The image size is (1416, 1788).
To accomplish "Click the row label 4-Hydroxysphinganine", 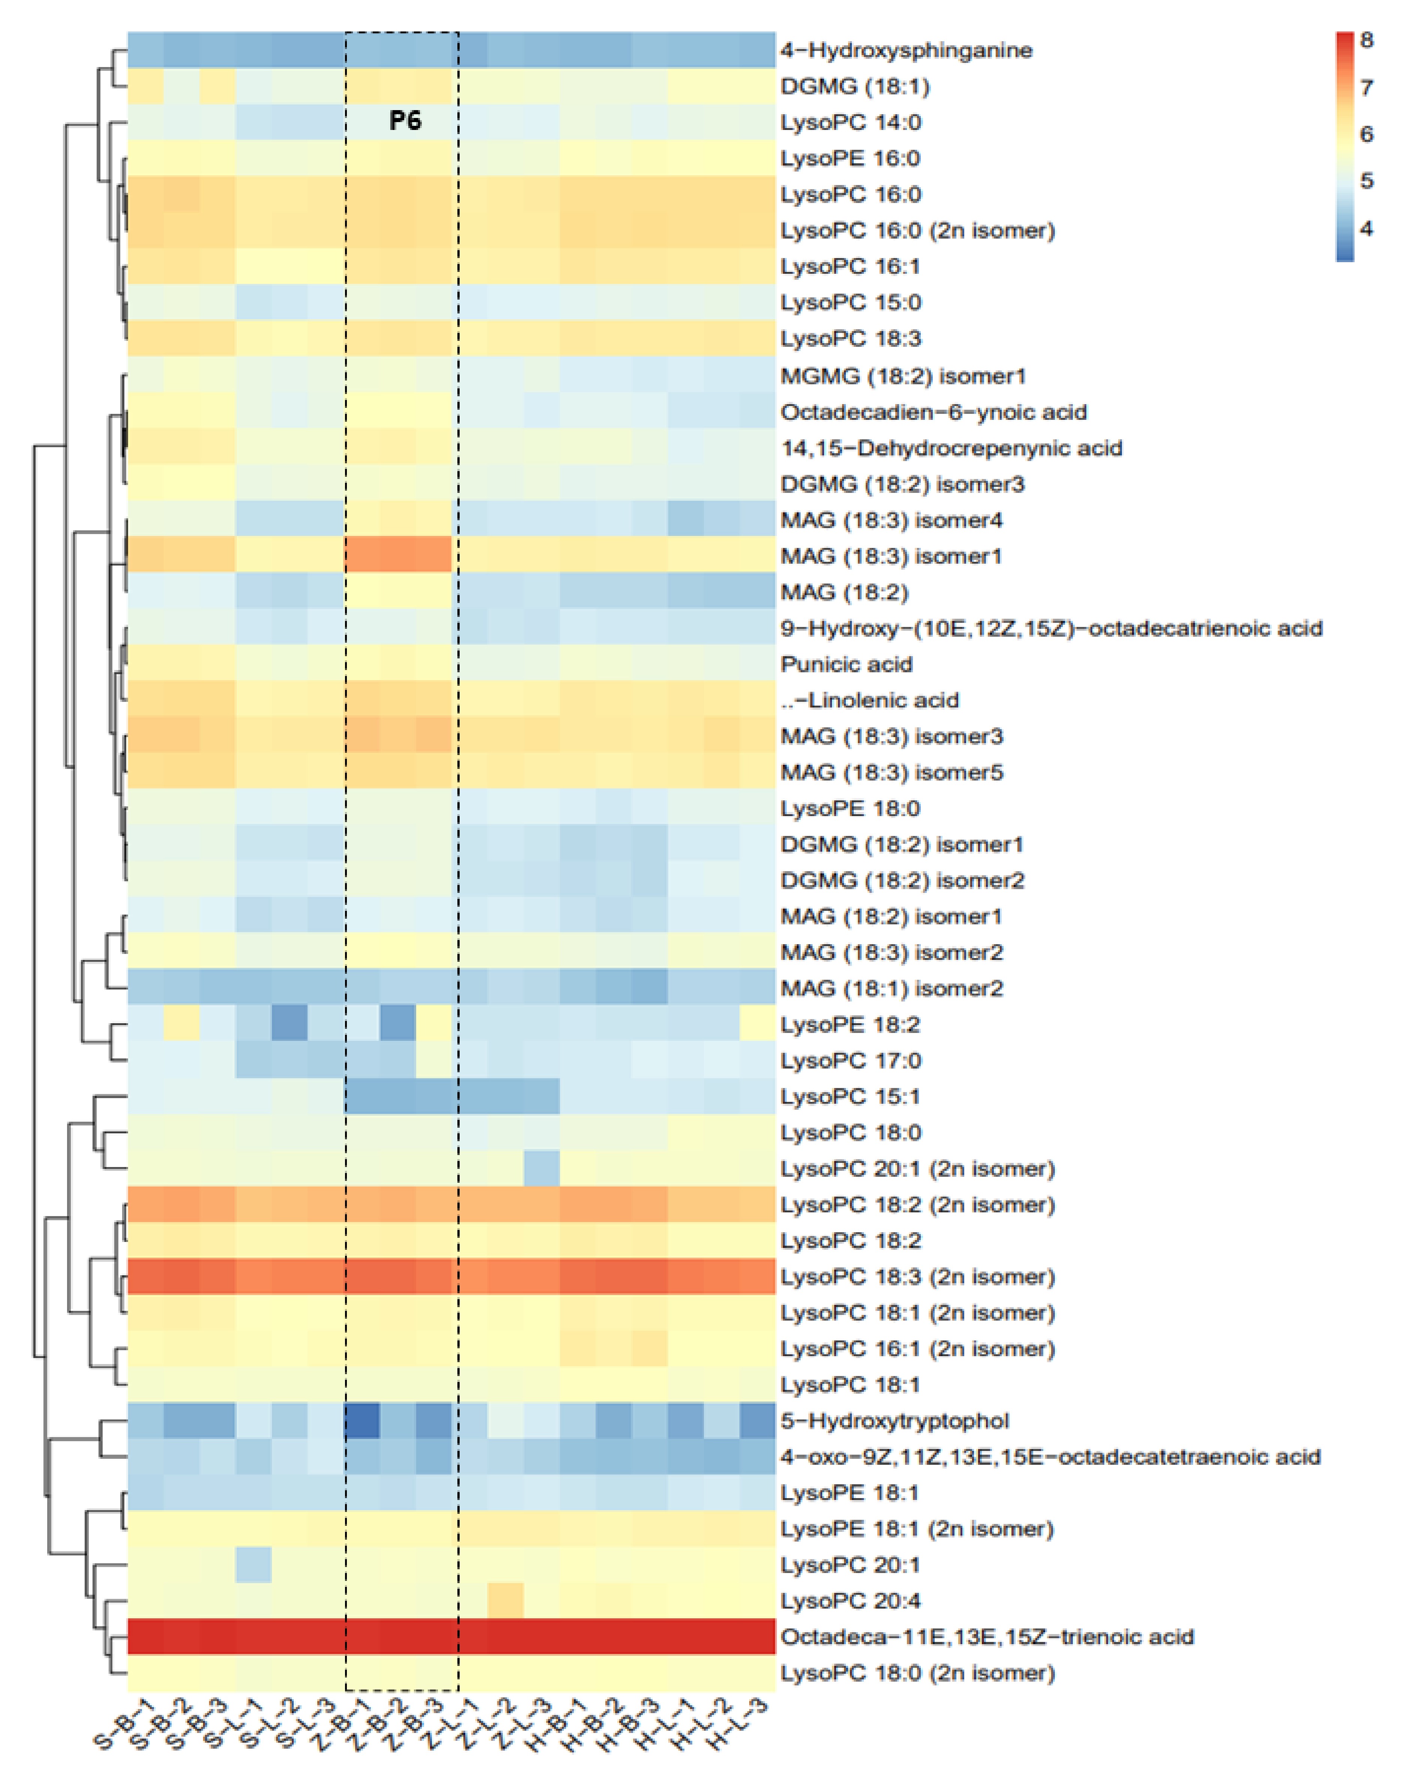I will pyautogui.click(x=905, y=51).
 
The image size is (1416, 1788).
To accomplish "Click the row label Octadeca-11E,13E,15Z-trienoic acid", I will pyautogui.click(x=987, y=1636).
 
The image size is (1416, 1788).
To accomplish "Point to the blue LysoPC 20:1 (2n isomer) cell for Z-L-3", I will pyautogui.click(x=541, y=1169).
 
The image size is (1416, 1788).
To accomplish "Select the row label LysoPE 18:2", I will pyautogui.click(x=850, y=1025).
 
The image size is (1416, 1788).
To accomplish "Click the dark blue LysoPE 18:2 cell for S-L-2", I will pyautogui.click(x=289, y=1025).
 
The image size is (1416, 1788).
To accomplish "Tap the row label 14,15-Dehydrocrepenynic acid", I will pyautogui.click(x=951, y=448).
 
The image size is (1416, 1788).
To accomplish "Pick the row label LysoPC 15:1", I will pyautogui.click(x=850, y=1097).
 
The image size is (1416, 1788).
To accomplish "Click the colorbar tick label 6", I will pyautogui.click(x=1366, y=134).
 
